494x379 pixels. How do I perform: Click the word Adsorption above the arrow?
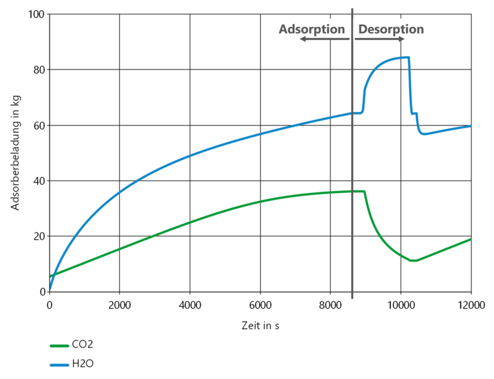click(312, 29)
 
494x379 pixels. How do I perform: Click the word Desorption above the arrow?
click(390, 29)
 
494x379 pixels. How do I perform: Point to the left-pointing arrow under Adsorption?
click(324, 39)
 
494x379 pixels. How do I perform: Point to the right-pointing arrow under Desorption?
click(380, 39)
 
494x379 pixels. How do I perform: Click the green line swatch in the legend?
click(59, 346)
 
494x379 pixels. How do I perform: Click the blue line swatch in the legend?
click(59, 364)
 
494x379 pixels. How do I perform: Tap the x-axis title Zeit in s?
click(260, 326)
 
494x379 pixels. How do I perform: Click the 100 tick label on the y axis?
click(35, 14)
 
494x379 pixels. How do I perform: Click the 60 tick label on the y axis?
click(38, 125)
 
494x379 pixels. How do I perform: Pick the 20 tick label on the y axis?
click(38, 236)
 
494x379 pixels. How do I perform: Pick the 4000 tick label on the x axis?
click(190, 304)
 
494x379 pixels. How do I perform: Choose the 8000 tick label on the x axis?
click(330, 304)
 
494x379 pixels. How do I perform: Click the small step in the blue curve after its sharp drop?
click(415, 114)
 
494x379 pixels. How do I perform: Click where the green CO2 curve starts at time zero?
click(50, 277)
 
